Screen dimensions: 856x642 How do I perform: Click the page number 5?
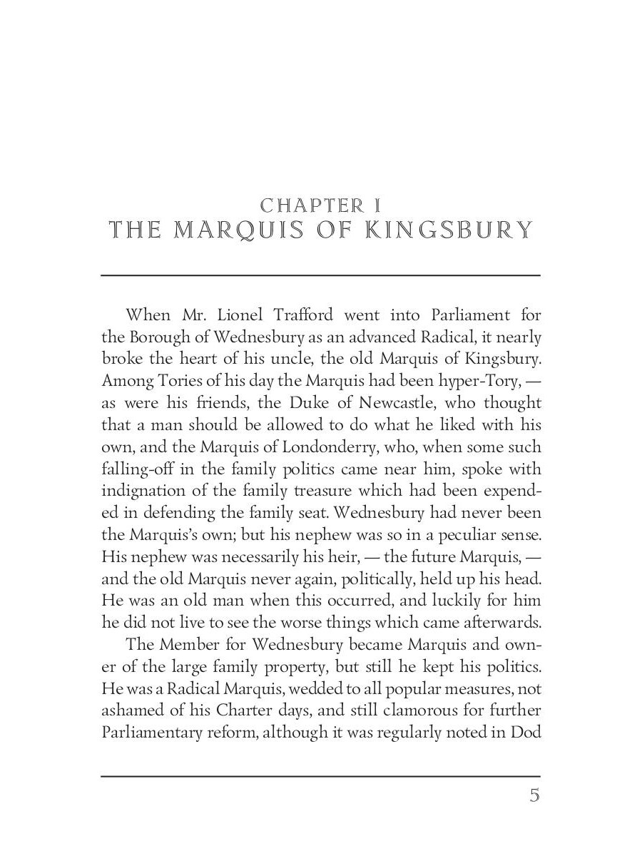(534, 795)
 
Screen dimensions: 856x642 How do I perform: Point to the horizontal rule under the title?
(320, 275)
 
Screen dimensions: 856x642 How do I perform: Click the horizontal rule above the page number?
(320, 776)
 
